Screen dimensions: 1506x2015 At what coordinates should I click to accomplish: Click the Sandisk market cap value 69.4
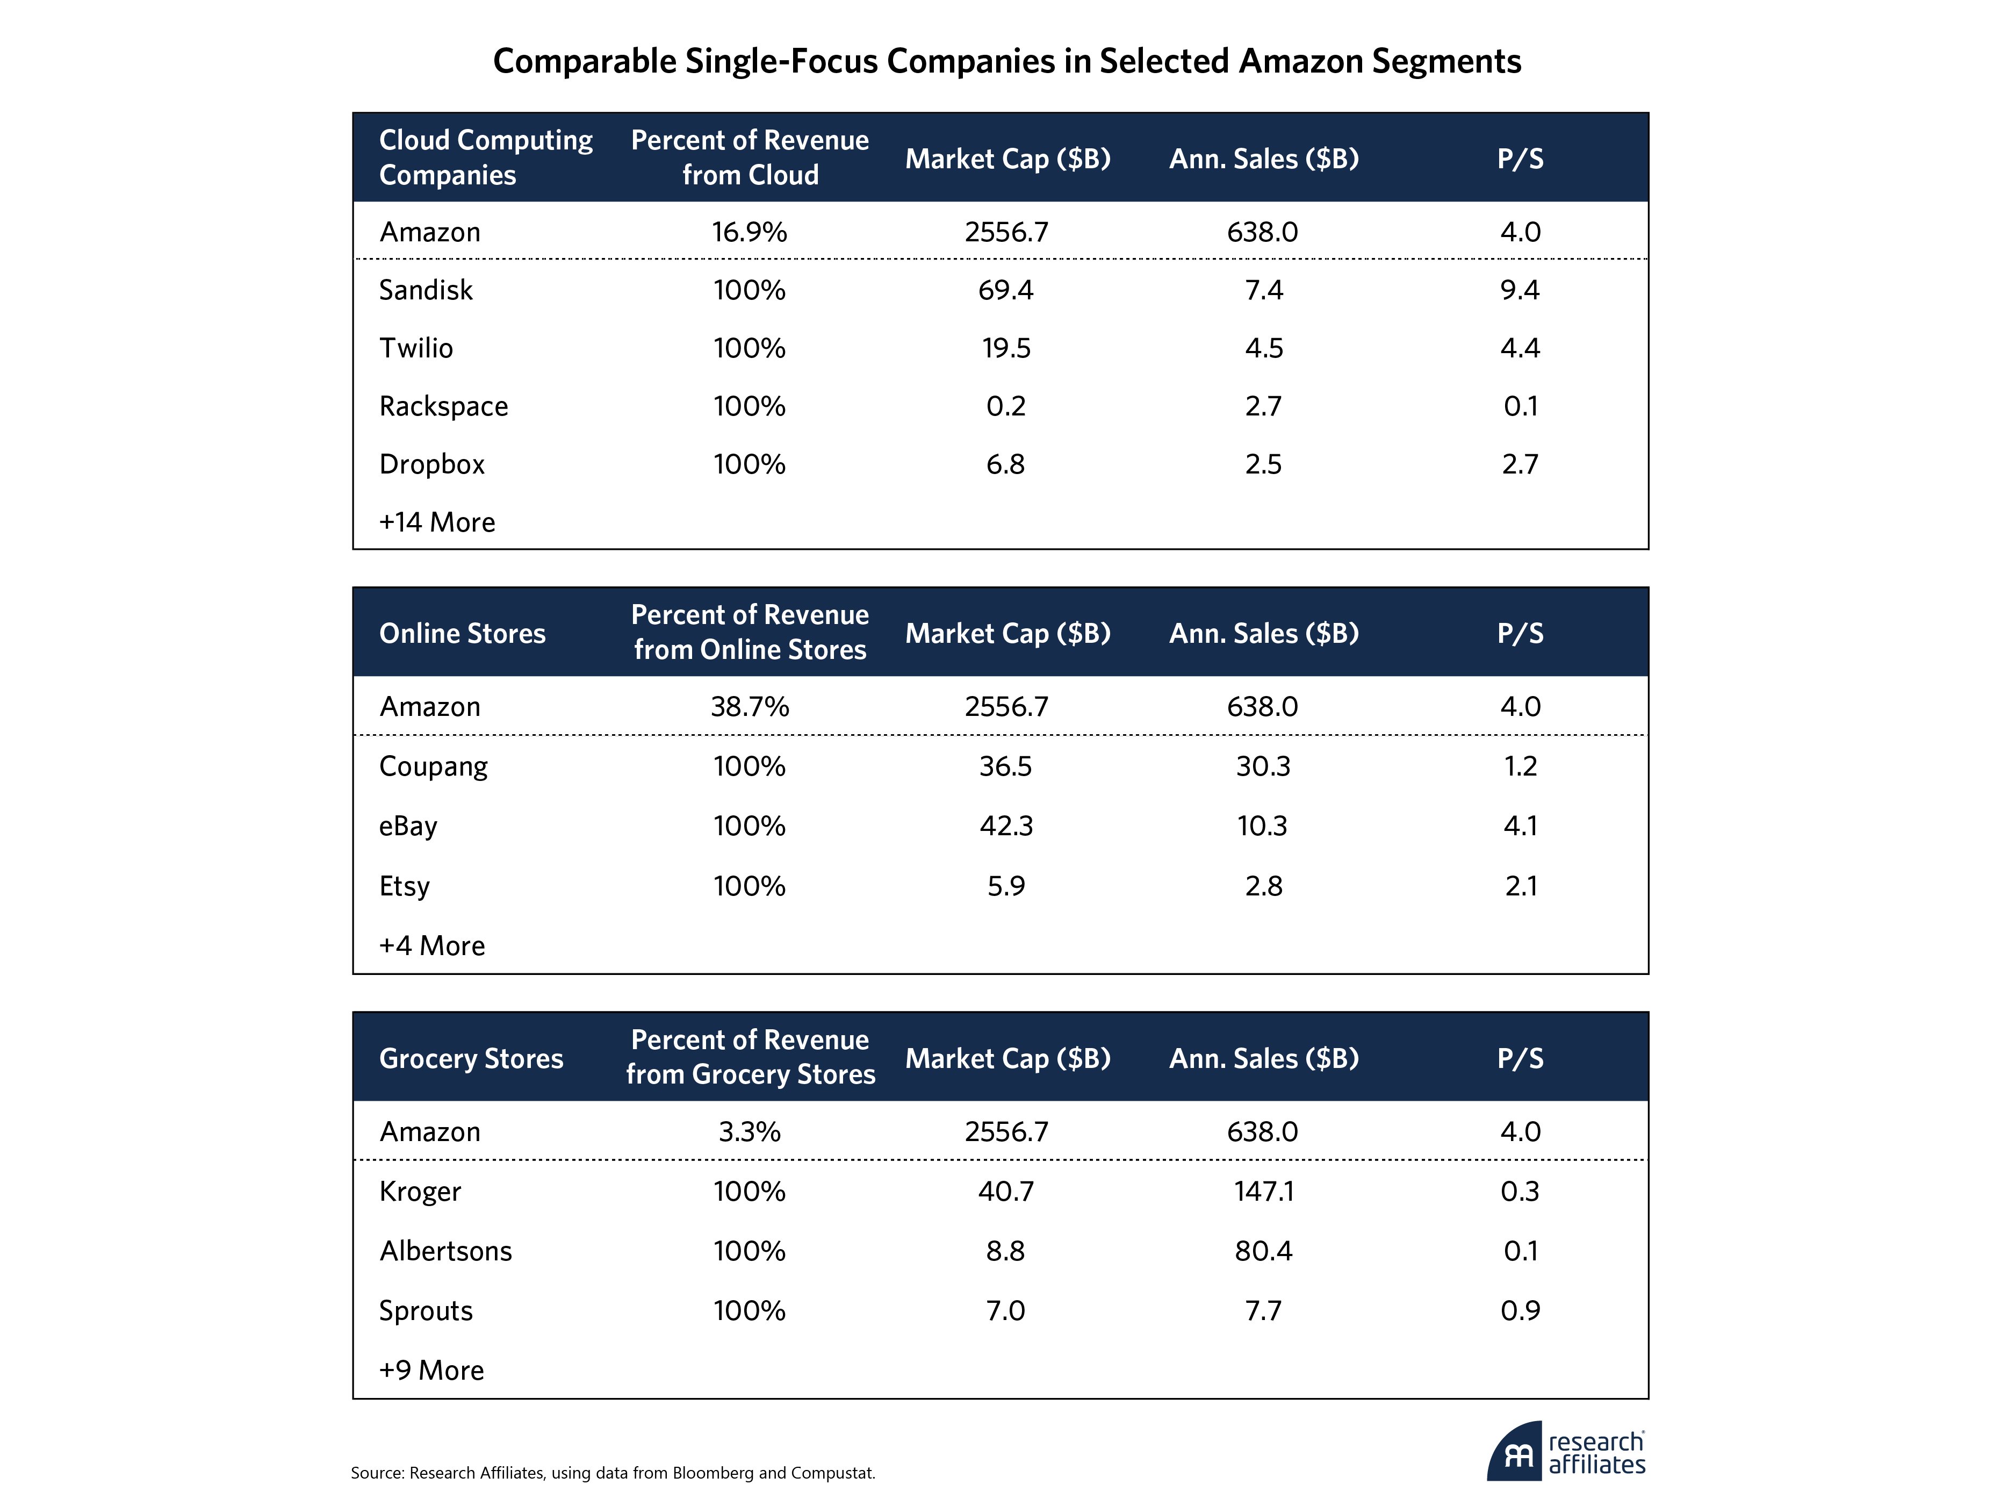click(1006, 290)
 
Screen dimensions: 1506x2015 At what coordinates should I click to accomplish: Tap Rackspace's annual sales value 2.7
click(1263, 406)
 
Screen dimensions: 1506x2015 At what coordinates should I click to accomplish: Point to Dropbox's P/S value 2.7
click(1520, 465)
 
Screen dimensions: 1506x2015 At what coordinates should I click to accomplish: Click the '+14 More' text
click(437, 522)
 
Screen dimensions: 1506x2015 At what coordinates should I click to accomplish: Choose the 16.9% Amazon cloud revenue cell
click(749, 232)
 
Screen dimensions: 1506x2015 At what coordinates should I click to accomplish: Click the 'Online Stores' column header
click(462, 633)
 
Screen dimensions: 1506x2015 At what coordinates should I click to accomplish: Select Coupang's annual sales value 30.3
click(1263, 766)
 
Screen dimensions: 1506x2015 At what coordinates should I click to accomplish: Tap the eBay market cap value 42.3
click(1006, 826)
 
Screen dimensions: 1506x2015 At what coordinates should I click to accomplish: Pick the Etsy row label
click(405, 886)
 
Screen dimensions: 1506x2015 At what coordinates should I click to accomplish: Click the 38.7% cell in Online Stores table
click(749, 707)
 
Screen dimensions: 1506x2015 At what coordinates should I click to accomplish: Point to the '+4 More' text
click(432, 946)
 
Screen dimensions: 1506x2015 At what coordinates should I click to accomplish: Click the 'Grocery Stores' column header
click(471, 1058)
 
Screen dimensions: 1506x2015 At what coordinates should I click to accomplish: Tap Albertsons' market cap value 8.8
click(1006, 1251)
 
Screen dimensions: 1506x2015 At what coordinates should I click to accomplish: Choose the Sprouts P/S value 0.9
click(1520, 1311)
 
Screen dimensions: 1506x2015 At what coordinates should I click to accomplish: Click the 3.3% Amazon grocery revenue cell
click(749, 1131)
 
